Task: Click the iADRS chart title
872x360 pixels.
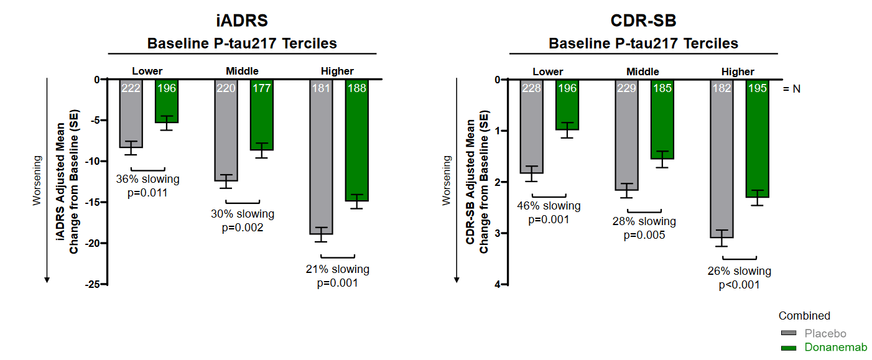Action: pyautogui.click(x=242, y=21)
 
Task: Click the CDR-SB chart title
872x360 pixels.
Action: pyautogui.click(x=643, y=21)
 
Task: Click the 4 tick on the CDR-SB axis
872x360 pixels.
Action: pyautogui.click(x=498, y=284)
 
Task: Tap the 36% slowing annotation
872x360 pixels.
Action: pyautogui.click(x=147, y=180)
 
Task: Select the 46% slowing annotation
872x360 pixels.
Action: pyautogui.click(x=549, y=206)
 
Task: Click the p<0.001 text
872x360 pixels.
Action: pyautogui.click(x=739, y=285)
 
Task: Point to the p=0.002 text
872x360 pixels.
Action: pyautogui.click(x=243, y=228)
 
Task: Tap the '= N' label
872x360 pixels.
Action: pyautogui.click(x=791, y=89)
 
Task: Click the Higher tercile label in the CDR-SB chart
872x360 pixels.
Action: pyautogui.click(x=738, y=72)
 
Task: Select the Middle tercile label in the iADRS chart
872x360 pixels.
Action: pyautogui.click(x=242, y=71)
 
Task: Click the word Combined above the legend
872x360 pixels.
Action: pyautogui.click(x=804, y=316)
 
